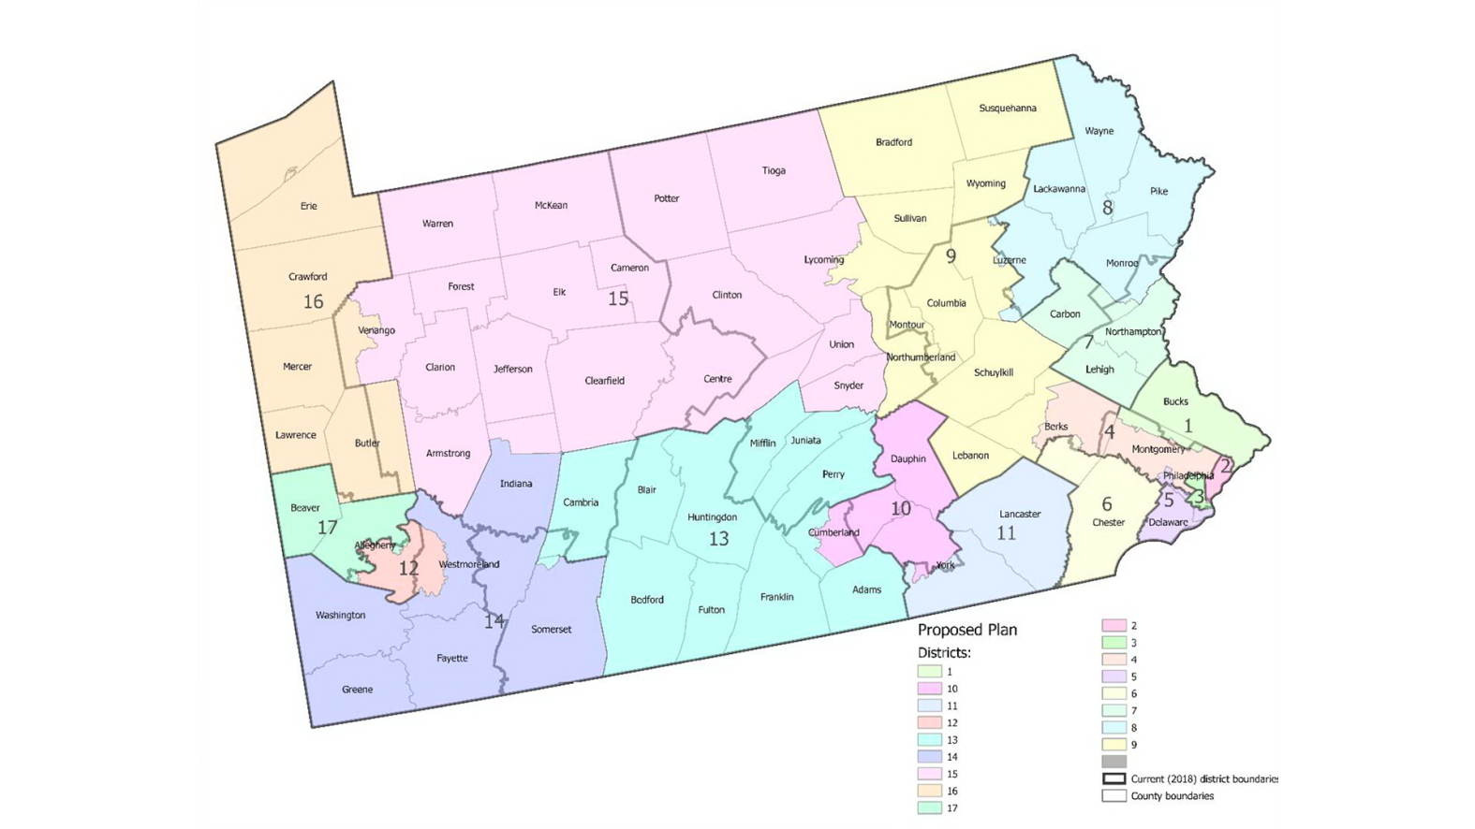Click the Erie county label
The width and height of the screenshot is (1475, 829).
click(x=308, y=206)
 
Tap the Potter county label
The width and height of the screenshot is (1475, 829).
click(x=666, y=198)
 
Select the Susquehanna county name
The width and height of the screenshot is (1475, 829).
click(x=1007, y=109)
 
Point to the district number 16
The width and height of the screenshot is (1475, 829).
click(x=313, y=301)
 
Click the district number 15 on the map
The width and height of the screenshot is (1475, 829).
click(x=617, y=298)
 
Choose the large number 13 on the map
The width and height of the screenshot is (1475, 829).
click(x=718, y=539)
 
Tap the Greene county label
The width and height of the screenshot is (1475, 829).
click(x=357, y=690)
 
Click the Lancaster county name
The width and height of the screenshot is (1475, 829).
click(x=1020, y=514)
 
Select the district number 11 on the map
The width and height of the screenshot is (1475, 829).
click(x=1006, y=533)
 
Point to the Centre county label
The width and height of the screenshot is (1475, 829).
click(x=717, y=379)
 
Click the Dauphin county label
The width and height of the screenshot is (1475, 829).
click(x=907, y=458)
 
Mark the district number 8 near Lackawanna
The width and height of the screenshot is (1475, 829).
click(x=1107, y=208)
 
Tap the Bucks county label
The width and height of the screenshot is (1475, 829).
click(x=1175, y=401)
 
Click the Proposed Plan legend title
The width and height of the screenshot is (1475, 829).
click(x=966, y=630)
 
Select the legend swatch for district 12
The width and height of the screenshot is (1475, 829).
click(x=929, y=723)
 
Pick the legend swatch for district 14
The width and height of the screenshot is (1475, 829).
click(x=929, y=757)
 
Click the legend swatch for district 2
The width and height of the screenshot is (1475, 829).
click(x=1114, y=626)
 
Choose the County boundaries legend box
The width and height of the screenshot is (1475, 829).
click(x=1114, y=796)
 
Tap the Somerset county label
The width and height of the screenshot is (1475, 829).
click(x=551, y=630)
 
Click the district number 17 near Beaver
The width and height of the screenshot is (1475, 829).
click(x=327, y=528)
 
